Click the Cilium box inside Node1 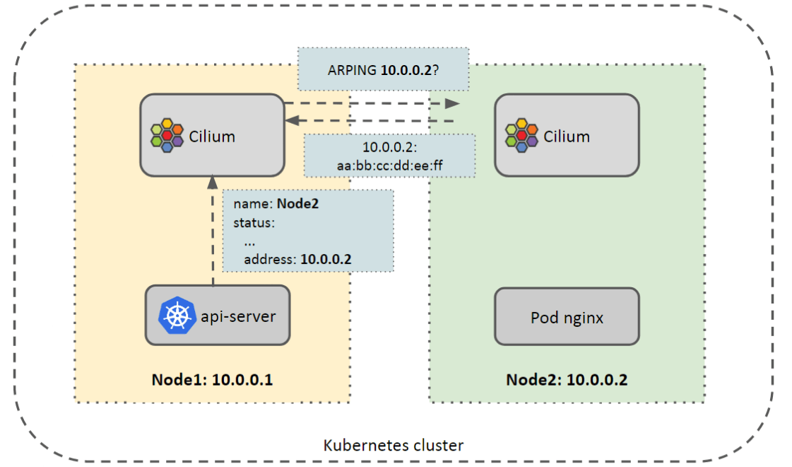pos(212,134)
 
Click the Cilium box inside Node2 pos(567,134)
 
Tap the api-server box pos(218,315)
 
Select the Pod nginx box pos(567,316)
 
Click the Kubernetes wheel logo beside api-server pos(175,315)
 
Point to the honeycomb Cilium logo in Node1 pos(167,135)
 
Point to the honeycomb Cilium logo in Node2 pos(522,135)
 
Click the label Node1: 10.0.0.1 pos(212,380)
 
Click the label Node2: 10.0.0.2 pos(567,380)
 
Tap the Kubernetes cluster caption pos(394,446)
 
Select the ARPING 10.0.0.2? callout pos(384,69)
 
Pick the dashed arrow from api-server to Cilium pos(211,233)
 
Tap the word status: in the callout pos(254,223)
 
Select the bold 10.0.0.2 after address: pos(326,260)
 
